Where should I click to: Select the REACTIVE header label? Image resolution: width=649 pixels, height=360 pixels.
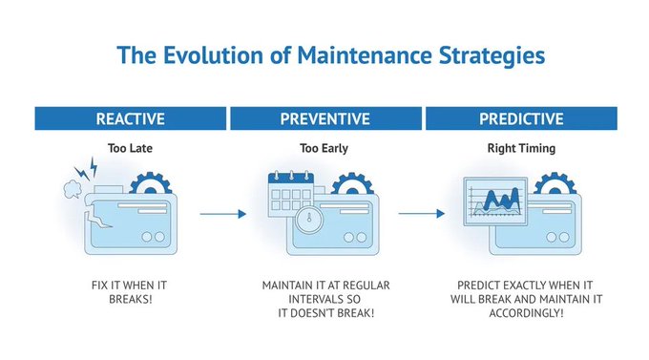tap(131, 119)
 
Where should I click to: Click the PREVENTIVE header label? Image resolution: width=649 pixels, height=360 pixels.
tap(325, 119)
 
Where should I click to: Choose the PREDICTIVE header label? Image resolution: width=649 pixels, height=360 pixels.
tap(520, 119)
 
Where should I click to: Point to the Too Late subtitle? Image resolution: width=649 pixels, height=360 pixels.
tap(131, 148)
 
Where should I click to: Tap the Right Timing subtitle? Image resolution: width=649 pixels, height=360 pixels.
tap(520, 148)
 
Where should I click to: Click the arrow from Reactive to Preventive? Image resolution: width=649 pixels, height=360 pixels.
tap(222, 214)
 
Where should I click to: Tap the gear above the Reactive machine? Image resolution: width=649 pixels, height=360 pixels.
tap(150, 184)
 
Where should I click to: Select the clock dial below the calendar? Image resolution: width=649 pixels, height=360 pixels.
tap(304, 219)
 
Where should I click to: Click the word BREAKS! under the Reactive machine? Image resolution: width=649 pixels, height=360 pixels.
tap(131, 299)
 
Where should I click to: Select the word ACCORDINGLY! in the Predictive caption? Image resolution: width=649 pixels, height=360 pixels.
tap(520, 312)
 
